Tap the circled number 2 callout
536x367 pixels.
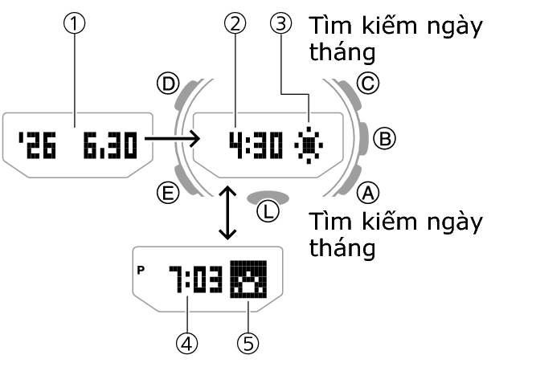[x=235, y=25]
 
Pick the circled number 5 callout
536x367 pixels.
[x=248, y=344]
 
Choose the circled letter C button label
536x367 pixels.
[x=366, y=83]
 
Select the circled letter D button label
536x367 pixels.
[x=168, y=83]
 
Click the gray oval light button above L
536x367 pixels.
[x=268, y=195]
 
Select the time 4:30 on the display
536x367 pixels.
[x=256, y=145]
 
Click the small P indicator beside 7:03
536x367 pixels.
[x=142, y=271]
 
